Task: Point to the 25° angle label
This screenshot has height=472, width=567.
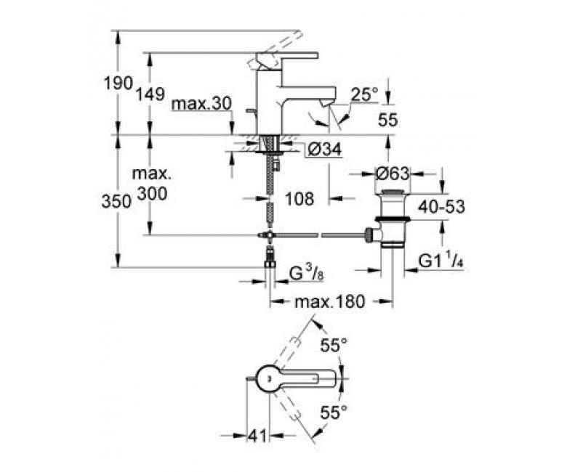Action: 364,94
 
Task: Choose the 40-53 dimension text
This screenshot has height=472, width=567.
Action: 441,207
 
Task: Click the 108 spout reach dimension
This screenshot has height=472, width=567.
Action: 298,198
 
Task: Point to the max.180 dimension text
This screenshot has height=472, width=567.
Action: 330,301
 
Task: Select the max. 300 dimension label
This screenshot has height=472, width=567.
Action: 151,184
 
